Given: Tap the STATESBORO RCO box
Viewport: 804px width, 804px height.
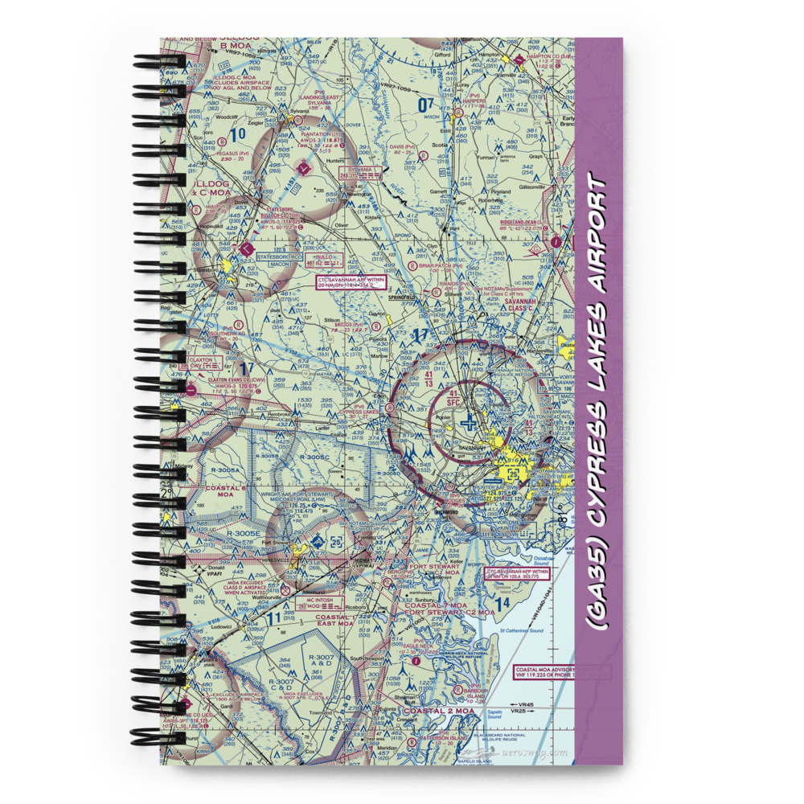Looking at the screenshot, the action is point(262,258).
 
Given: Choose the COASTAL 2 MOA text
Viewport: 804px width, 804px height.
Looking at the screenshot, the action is point(433,710).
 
